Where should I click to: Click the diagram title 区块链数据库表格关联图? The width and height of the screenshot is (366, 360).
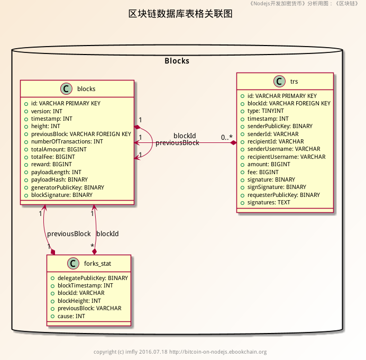tap(180, 14)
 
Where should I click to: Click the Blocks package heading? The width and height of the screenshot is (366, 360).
tap(177, 61)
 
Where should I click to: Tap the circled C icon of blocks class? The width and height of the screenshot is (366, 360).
tap(66, 88)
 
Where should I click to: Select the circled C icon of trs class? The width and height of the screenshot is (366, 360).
tap(279, 81)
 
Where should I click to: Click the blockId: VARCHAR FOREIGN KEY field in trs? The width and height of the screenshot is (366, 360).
tap(289, 104)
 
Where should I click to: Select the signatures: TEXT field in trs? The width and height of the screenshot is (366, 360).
tap(269, 203)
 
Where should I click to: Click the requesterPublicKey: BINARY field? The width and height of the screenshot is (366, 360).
tap(283, 195)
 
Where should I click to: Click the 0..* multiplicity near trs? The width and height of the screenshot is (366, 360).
tap(227, 138)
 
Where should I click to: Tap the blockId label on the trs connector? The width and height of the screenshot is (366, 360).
tap(185, 136)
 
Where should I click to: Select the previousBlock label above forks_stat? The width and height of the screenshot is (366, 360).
tap(69, 234)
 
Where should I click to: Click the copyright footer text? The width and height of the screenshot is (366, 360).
tap(180, 352)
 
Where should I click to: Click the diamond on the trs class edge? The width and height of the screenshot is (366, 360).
tap(233, 142)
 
